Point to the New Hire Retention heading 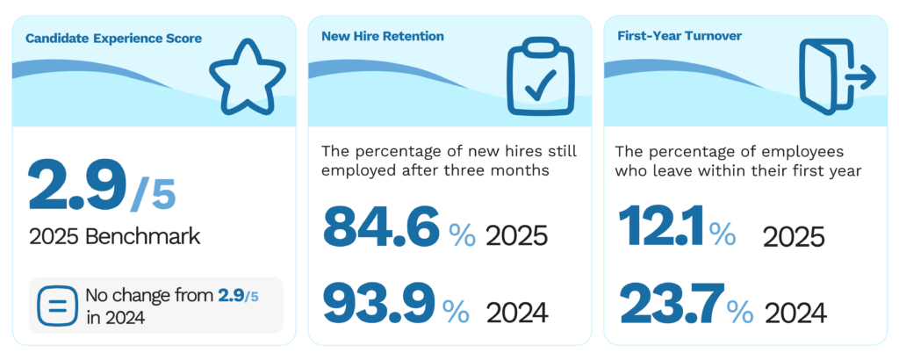[383, 37]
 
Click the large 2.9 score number [76, 186]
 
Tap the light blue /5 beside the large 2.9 [154, 194]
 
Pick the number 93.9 [379, 303]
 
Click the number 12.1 [662, 227]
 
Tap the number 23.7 [672, 303]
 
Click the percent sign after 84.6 [462, 234]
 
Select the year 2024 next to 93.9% [516, 312]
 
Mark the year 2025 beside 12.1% [794, 236]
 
